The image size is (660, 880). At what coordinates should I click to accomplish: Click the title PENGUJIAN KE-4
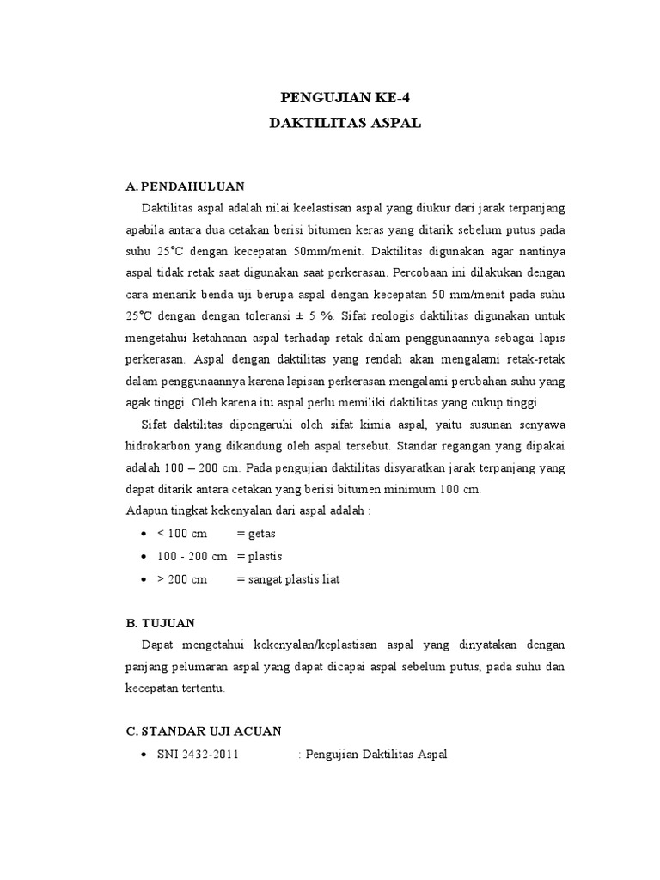tap(345, 96)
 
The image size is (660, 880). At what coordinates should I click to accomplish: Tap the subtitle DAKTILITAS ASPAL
tap(345, 123)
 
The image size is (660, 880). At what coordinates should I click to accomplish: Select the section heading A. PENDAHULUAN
tap(186, 186)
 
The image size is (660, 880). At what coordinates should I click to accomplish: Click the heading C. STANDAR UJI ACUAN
tap(204, 730)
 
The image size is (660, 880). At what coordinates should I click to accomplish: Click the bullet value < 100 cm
tap(182, 534)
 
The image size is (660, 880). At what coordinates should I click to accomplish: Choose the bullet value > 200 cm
tap(182, 578)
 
